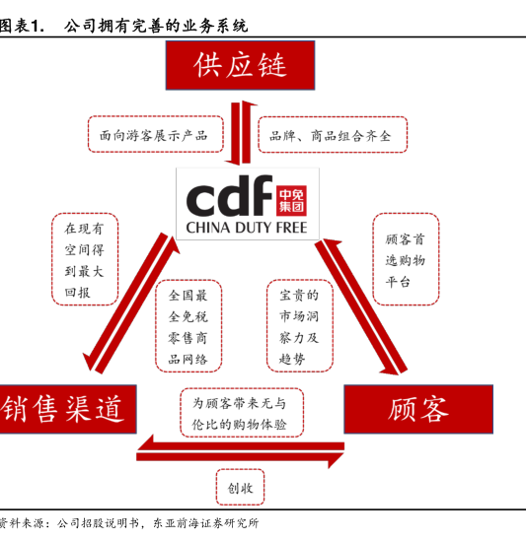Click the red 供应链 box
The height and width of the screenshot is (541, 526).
(x=240, y=65)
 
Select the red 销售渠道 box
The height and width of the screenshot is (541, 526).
(x=68, y=409)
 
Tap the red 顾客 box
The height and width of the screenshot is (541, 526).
(x=418, y=409)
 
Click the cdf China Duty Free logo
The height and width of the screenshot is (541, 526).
(x=248, y=204)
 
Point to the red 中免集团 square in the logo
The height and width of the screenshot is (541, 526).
(x=291, y=200)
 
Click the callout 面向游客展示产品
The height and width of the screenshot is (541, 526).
(x=156, y=134)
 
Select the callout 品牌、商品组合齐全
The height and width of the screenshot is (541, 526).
(x=333, y=135)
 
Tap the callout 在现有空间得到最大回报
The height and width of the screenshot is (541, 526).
(x=85, y=259)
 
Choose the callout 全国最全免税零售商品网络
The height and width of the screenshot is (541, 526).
(x=188, y=326)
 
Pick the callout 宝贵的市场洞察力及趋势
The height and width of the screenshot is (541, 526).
(x=300, y=326)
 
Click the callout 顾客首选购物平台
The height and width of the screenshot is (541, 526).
(x=406, y=259)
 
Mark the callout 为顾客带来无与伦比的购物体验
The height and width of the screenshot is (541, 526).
(x=242, y=413)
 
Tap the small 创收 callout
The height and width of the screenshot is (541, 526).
(x=240, y=487)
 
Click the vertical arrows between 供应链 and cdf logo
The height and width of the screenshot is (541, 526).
(x=241, y=133)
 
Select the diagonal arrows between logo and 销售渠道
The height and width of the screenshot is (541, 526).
(x=132, y=303)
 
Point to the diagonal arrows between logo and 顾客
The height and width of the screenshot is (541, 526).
(x=361, y=306)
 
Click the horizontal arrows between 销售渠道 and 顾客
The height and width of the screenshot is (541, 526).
(x=240, y=451)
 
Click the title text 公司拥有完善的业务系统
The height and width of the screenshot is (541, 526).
(x=156, y=27)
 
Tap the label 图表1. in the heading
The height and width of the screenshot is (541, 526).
(x=22, y=27)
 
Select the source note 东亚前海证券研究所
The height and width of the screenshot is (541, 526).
(x=205, y=523)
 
